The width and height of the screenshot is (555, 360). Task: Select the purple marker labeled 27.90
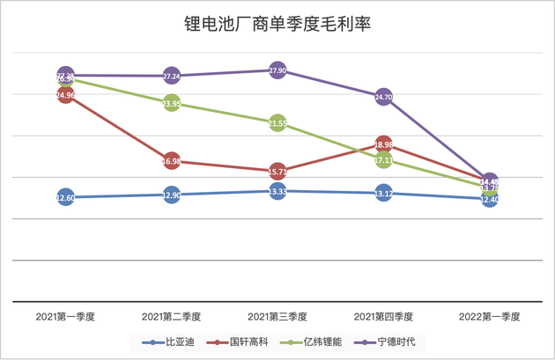(277, 70)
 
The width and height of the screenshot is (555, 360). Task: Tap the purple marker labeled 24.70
(383, 97)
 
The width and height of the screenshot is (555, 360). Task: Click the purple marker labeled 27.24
(172, 77)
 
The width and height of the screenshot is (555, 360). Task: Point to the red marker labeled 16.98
(172, 161)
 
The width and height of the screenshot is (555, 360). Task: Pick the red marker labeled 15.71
(277, 171)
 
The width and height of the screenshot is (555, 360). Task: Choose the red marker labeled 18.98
(383, 144)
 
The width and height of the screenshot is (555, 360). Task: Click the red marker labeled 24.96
(65, 94)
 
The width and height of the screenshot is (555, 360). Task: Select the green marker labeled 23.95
(172, 104)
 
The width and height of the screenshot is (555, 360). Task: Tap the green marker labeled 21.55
(277, 123)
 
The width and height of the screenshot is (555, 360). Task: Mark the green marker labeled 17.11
(383, 161)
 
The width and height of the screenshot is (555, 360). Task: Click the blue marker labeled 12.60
(65, 198)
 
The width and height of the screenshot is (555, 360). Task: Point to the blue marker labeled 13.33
(277, 191)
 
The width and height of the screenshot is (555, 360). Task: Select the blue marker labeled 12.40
(490, 200)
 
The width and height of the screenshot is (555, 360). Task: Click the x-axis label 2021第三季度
(277, 316)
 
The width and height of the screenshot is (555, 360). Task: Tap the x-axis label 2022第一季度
(490, 316)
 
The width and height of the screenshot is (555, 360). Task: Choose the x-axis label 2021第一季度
(65, 316)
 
